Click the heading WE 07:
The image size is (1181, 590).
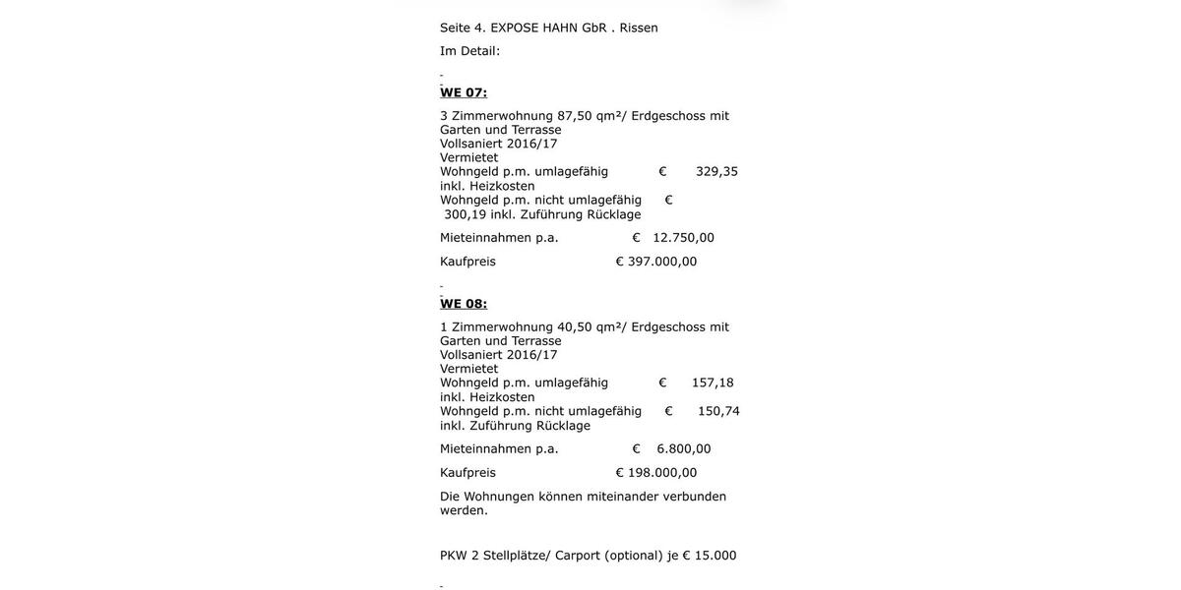464,92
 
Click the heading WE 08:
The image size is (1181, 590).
464,304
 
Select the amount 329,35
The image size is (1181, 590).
716,171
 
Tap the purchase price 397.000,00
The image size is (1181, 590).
662,262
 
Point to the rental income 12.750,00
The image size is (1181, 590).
684,238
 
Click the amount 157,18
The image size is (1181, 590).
713,383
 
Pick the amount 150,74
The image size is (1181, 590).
718,411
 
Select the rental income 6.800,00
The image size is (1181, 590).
684,449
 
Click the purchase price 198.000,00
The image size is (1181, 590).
662,473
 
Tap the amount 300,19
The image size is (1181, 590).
466,214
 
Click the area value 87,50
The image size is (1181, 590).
575,116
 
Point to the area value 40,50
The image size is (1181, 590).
575,327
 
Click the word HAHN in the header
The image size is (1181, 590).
560,28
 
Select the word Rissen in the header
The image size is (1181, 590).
639,28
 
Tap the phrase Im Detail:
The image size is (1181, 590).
469,51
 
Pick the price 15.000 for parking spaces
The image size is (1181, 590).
715,556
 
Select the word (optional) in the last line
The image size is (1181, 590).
632,556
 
